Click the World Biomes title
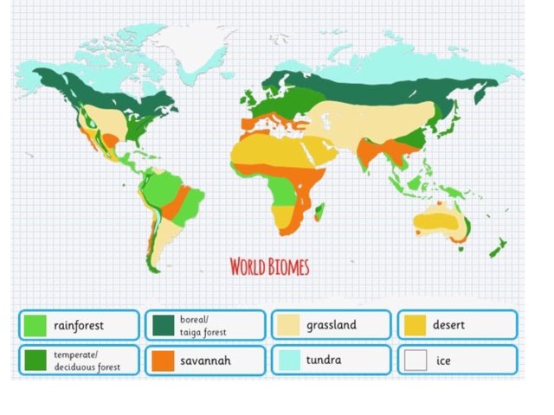point(269,265)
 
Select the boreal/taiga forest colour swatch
point(161,326)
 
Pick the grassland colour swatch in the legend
point(287,326)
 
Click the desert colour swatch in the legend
point(415,326)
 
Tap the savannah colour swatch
point(161,360)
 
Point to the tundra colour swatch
point(287,360)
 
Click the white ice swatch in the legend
point(415,360)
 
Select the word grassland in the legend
point(331,326)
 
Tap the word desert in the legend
point(448,326)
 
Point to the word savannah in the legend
point(204,360)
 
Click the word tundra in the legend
point(323,360)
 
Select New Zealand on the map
point(498,249)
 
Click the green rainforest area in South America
point(162,188)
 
